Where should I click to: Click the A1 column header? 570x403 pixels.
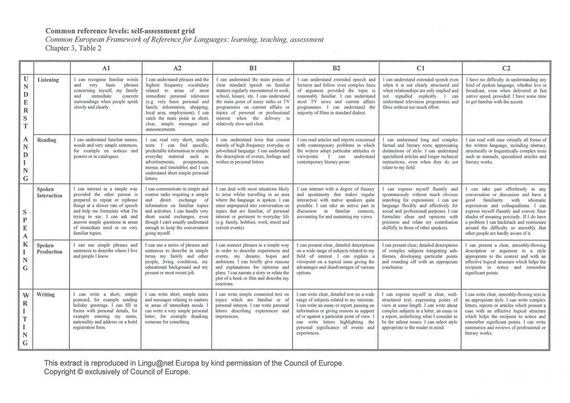(105, 67)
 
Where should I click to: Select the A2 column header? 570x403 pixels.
(177, 67)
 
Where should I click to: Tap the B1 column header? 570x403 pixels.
(253, 67)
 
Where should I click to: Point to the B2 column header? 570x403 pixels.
(336, 67)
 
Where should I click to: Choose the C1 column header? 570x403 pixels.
(420, 67)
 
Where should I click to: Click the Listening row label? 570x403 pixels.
(48, 80)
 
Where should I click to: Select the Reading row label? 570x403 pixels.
(47, 140)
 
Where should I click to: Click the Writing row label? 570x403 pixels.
(46, 295)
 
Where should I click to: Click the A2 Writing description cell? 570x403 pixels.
(177, 308)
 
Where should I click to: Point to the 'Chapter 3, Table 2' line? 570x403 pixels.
(73, 48)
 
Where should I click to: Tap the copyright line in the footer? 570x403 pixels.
(117, 372)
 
